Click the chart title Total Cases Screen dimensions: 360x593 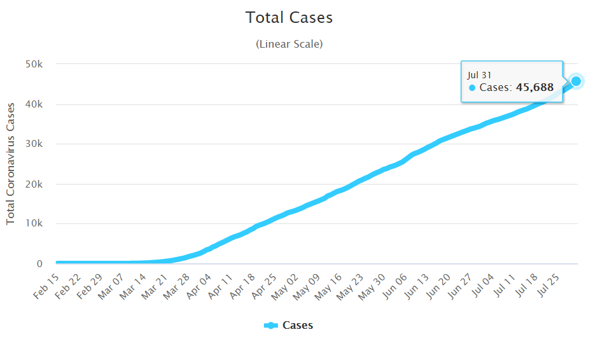pyautogui.click(x=289, y=18)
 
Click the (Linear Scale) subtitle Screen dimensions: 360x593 pyautogui.click(x=289, y=45)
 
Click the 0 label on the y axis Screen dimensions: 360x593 pyautogui.click(x=39, y=263)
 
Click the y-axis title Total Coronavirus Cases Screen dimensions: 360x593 pyautogui.click(x=11, y=164)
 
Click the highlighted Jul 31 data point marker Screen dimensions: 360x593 pyautogui.click(x=576, y=81)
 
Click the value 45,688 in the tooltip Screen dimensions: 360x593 pyautogui.click(x=535, y=88)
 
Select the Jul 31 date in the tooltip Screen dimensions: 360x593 pyautogui.click(x=479, y=75)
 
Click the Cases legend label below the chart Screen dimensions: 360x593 pyautogui.click(x=298, y=325)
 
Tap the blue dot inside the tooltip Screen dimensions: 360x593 pyautogui.click(x=472, y=88)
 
